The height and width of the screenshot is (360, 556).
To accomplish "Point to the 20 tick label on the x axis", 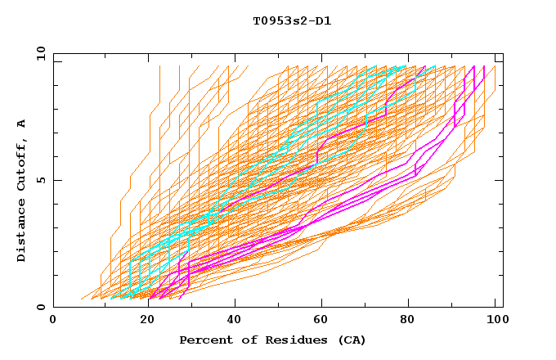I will [x=147, y=320].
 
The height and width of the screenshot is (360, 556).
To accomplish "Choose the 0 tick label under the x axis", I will [x=54, y=320].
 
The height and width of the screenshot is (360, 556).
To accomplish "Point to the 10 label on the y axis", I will [x=38, y=53].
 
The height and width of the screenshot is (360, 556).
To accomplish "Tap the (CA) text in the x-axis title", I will [x=350, y=340].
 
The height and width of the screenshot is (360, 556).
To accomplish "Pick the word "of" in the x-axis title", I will [x=240, y=340].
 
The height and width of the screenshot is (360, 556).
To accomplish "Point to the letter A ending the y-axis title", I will [x=22, y=124].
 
